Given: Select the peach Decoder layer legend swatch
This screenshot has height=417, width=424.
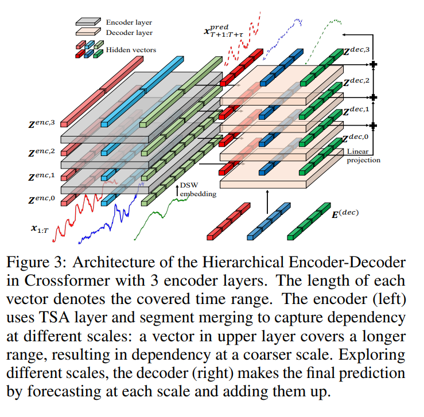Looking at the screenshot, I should click(x=89, y=33).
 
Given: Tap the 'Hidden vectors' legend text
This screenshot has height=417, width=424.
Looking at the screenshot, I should click(x=131, y=50).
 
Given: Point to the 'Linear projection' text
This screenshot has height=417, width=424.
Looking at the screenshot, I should click(x=363, y=156).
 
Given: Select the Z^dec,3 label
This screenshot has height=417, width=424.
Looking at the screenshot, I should click(x=360, y=52).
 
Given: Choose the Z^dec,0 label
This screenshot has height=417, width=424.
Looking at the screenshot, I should click(x=360, y=138).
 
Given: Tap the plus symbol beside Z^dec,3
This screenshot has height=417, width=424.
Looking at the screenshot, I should click(x=374, y=65).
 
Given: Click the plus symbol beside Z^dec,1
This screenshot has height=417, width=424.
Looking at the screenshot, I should click(x=374, y=125).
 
